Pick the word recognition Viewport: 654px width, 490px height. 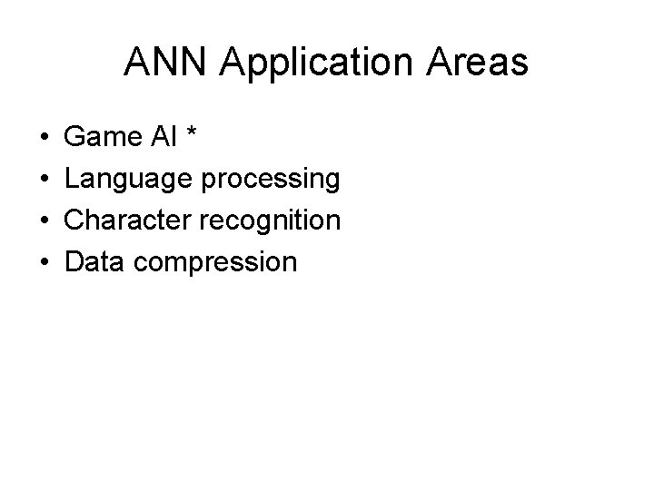point(272,220)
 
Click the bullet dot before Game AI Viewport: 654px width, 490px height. point(44,139)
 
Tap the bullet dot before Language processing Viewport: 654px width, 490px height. point(44,180)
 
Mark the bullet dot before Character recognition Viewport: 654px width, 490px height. point(44,221)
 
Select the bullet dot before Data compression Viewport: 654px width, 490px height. point(44,263)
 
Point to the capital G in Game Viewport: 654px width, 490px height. point(76,138)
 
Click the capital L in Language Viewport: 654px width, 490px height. point(73,179)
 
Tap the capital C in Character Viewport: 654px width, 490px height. point(75,220)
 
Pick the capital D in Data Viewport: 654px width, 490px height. point(75,262)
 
